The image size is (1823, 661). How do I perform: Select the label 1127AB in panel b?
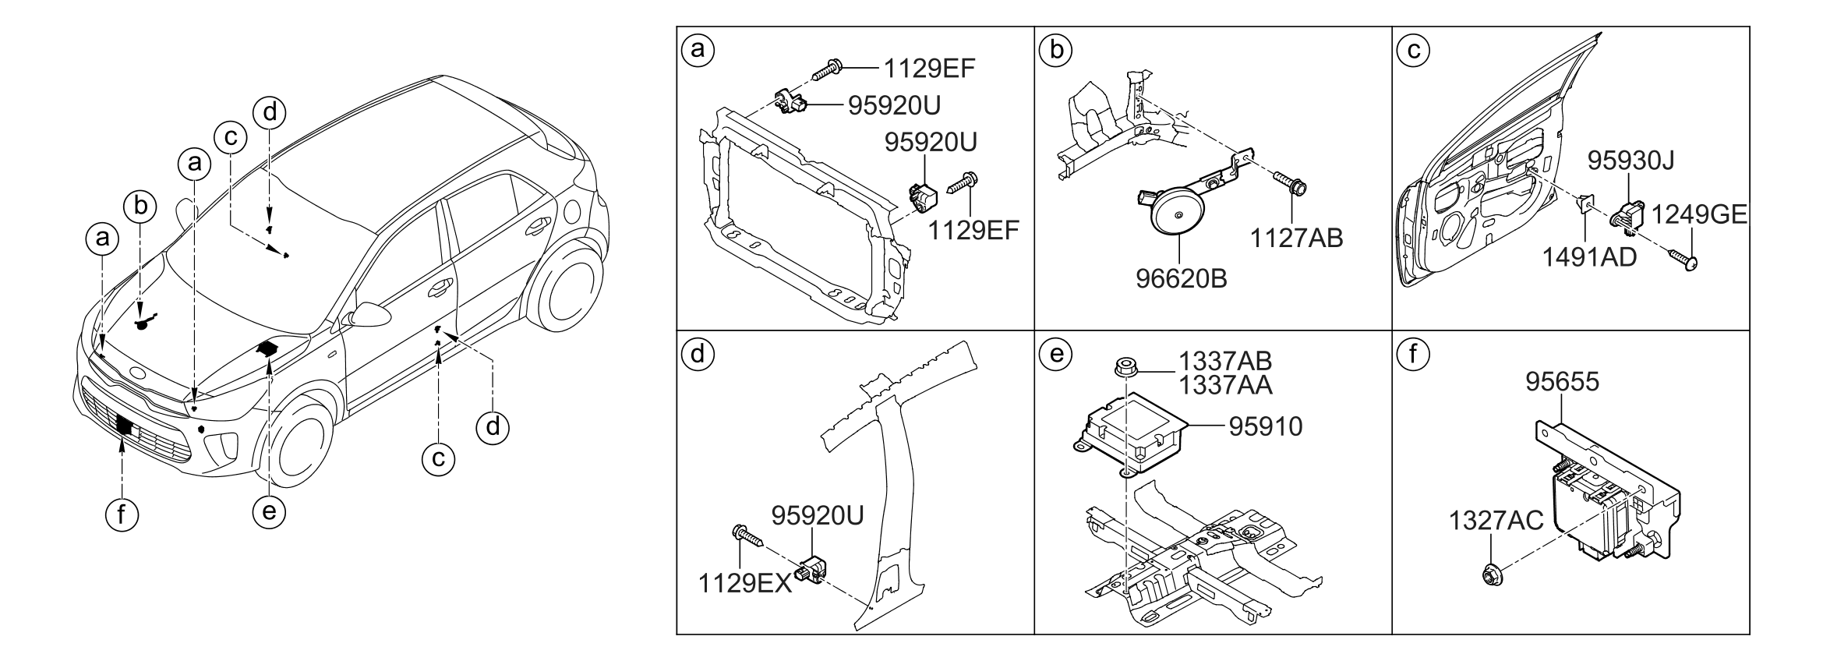pyautogui.click(x=1296, y=238)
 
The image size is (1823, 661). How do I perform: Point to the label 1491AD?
pyautogui.click(x=1588, y=256)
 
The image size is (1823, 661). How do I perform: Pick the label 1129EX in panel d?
pyautogui.click(x=745, y=584)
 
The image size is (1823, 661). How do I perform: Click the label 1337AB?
pyautogui.click(x=1224, y=361)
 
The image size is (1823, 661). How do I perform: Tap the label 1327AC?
pyautogui.click(x=1496, y=521)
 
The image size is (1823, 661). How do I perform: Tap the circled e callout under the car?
pyautogui.click(x=269, y=511)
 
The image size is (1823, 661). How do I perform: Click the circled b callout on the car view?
pyautogui.click(x=140, y=207)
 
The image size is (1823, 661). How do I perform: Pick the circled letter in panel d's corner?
pyautogui.click(x=698, y=355)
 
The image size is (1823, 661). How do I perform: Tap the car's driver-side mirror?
pyautogui.click(x=370, y=314)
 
